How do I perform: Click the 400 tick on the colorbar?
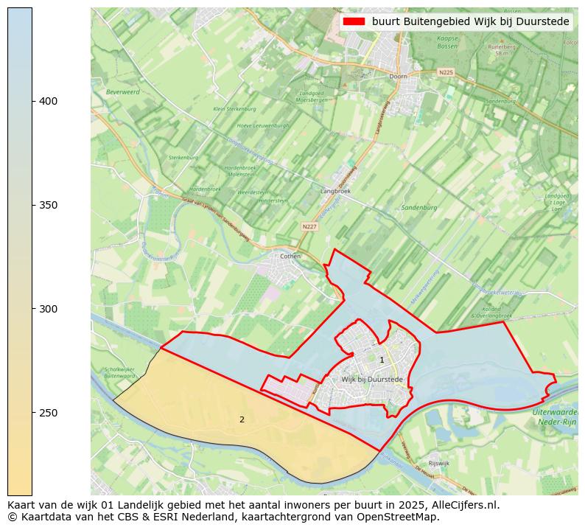33,101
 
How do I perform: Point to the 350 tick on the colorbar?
33,205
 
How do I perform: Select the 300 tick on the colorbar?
33,309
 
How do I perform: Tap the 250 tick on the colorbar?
33,413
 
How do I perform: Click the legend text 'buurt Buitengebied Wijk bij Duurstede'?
471,22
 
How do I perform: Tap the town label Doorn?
398,77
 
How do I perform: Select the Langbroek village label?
336,191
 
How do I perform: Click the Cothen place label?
291,257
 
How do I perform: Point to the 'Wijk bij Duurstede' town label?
372,379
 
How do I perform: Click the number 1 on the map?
382,360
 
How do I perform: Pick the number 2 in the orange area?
242,419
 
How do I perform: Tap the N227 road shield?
310,226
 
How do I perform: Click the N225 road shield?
446,72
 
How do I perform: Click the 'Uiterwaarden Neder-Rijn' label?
554,417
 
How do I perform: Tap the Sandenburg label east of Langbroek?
419,208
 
